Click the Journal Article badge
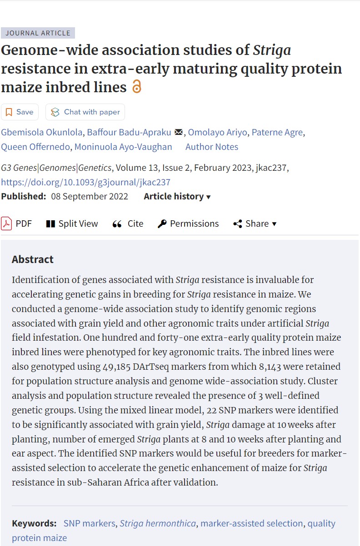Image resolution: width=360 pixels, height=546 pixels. tap(38, 33)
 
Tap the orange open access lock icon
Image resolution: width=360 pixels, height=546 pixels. tap(136, 86)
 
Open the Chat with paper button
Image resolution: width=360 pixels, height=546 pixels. tap(85, 112)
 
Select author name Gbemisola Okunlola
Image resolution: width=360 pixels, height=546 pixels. tap(42, 133)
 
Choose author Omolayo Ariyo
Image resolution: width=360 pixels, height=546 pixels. tap(217, 133)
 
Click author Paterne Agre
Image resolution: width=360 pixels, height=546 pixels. tap(277, 133)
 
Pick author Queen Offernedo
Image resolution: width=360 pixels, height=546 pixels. tap(35, 147)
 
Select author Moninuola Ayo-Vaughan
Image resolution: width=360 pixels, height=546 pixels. tap(123, 147)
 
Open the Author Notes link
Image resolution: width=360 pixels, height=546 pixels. tap(212, 147)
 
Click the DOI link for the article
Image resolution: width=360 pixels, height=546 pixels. tap(86, 182)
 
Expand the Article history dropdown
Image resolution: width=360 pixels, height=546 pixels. tap(177, 197)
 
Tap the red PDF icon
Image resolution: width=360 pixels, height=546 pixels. tap(6, 223)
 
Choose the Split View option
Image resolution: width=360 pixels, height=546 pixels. tap(72, 223)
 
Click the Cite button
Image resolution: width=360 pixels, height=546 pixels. tap(128, 223)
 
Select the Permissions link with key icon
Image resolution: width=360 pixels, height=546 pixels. tap(188, 223)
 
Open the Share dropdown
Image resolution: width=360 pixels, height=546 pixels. tap(255, 223)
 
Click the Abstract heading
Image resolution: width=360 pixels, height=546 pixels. tap(33, 259)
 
